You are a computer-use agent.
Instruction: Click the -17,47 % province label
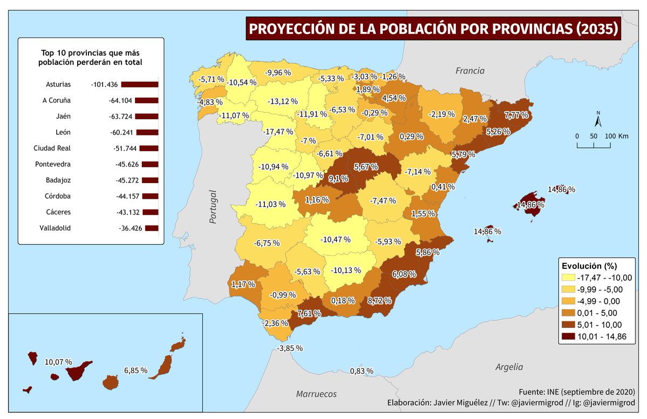[x=278, y=132]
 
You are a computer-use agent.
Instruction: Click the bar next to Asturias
[x=139, y=84]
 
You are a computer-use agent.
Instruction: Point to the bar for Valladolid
[x=152, y=228]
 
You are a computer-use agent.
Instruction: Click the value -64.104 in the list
[x=119, y=100]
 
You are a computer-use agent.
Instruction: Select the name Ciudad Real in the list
[x=52, y=148]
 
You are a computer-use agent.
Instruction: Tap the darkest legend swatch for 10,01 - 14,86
[x=568, y=336]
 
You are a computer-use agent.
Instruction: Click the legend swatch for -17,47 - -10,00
[x=568, y=278]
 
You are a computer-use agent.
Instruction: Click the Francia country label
[x=469, y=71]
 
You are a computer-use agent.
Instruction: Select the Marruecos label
[x=316, y=394]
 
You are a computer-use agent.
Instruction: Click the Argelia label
[x=509, y=367]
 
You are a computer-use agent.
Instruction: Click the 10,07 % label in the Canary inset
[x=58, y=362]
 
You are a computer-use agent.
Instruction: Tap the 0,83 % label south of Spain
[x=362, y=371]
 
